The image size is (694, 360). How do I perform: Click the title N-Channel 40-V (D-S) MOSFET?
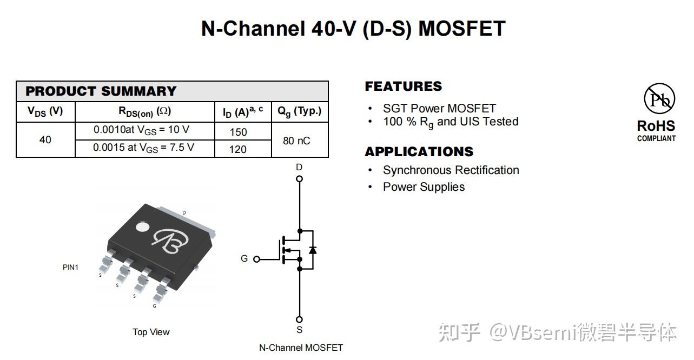[x=353, y=29]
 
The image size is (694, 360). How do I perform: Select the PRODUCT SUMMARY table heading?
[x=101, y=91]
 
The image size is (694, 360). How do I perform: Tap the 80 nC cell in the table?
[x=296, y=141]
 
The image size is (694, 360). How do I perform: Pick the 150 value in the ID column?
[x=238, y=132]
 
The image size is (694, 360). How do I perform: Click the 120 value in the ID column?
[x=238, y=149]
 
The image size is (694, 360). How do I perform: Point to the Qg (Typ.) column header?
[x=299, y=111]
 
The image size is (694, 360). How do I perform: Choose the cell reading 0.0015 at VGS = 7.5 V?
[x=144, y=148]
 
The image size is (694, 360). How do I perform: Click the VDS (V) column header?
[x=45, y=111]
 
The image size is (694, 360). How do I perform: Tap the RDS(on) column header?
[x=144, y=112]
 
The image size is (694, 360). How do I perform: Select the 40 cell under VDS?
[x=45, y=140]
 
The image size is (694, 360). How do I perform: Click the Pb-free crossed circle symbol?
[x=659, y=98]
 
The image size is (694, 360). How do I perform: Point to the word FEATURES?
[x=403, y=86]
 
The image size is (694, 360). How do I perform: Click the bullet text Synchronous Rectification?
[x=451, y=170]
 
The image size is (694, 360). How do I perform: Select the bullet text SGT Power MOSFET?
[x=439, y=108]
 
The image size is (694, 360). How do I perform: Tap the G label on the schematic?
[x=244, y=259]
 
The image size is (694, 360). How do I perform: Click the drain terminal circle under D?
[x=300, y=179]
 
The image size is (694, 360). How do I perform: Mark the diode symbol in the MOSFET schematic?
[x=312, y=250]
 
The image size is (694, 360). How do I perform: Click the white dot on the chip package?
[x=142, y=227]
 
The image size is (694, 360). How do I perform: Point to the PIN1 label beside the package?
[x=70, y=267]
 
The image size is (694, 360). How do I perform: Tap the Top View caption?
[x=151, y=332]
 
